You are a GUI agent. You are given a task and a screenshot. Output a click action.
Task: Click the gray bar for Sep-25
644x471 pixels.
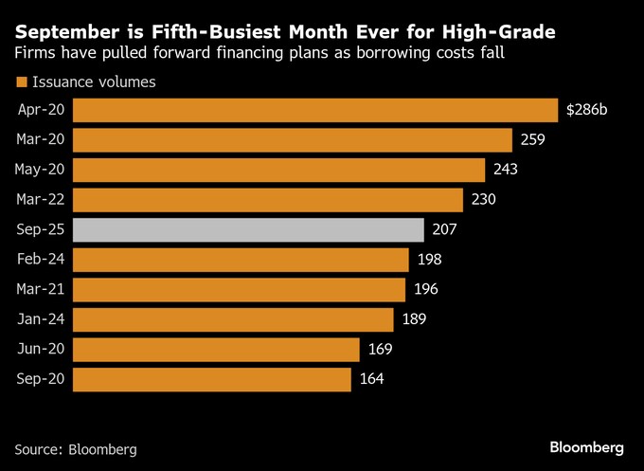click(x=247, y=229)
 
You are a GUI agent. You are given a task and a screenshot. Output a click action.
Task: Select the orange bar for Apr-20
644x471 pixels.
click(x=314, y=110)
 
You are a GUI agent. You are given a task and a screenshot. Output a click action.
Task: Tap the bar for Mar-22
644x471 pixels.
click(x=268, y=200)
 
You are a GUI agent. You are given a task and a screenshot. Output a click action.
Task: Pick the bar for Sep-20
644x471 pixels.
click(x=211, y=379)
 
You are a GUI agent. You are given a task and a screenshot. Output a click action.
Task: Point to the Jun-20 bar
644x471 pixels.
click(x=216, y=349)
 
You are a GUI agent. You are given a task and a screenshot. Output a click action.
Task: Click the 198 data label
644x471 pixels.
click(x=429, y=260)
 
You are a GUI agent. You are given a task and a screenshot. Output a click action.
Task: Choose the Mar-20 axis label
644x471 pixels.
click(x=39, y=140)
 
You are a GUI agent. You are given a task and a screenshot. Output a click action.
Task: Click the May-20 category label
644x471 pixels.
click(x=39, y=170)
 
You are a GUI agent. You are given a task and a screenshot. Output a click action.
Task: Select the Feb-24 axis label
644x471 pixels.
click(x=39, y=260)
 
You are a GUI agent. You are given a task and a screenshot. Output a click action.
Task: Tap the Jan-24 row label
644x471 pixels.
click(x=39, y=319)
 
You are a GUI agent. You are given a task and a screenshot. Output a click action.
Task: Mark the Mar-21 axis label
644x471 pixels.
click(x=39, y=289)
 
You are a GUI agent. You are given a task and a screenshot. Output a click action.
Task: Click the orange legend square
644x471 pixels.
click(x=21, y=82)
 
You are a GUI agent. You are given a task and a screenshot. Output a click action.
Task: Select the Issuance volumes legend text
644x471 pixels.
click(x=94, y=82)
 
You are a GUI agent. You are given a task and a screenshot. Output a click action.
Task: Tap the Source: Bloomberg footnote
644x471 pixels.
click(x=76, y=447)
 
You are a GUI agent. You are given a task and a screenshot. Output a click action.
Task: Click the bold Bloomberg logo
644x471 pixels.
click(x=587, y=446)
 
